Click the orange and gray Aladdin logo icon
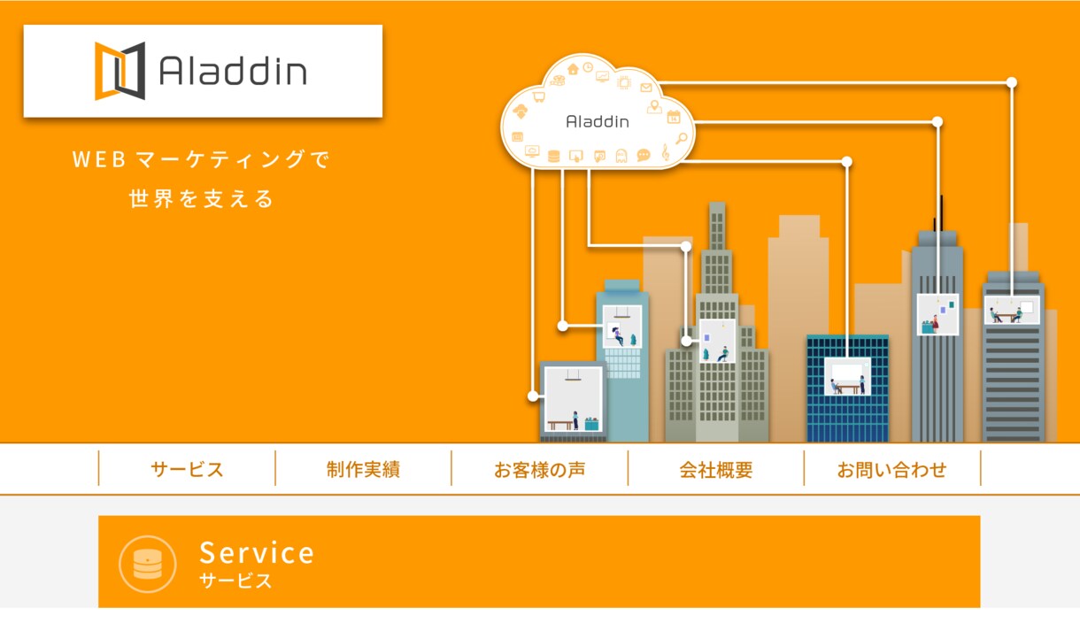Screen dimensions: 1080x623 pyautogui.click(x=120, y=72)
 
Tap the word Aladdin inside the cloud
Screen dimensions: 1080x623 pyautogui.click(x=598, y=121)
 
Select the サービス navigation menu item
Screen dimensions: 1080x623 pyautogui.click(x=187, y=469)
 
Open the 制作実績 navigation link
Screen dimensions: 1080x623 pyautogui.click(x=363, y=469)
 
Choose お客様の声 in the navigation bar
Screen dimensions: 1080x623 pyautogui.click(x=539, y=469)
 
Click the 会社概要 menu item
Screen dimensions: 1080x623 pyautogui.click(x=716, y=469)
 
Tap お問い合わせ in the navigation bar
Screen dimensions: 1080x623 pyautogui.click(x=892, y=469)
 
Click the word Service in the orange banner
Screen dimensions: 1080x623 pyautogui.click(x=257, y=552)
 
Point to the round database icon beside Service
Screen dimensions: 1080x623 pyautogui.click(x=148, y=564)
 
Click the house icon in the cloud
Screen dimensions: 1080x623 pyautogui.click(x=573, y=69)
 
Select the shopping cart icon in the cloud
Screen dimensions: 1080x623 pyautogui.click(x=538, y=96)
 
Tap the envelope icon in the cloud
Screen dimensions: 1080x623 pyautogui.click(x=646, y=88)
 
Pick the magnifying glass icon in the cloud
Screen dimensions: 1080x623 pyautogui.click(x=682, y=139)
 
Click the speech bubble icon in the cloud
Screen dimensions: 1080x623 pyautogui.click(x=644, y=155)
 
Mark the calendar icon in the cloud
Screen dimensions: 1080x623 pyautogui.click(x=674, y=117)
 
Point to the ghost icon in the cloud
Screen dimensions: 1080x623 pyautogui.click(x=621, y=156)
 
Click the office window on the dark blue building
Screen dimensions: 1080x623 pyautogui.click(x=847, y=376)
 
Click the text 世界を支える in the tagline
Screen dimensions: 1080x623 pyautogui.click(x=202, y=198)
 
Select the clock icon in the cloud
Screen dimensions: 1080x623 pyautogui.click(x=588, y=67)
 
